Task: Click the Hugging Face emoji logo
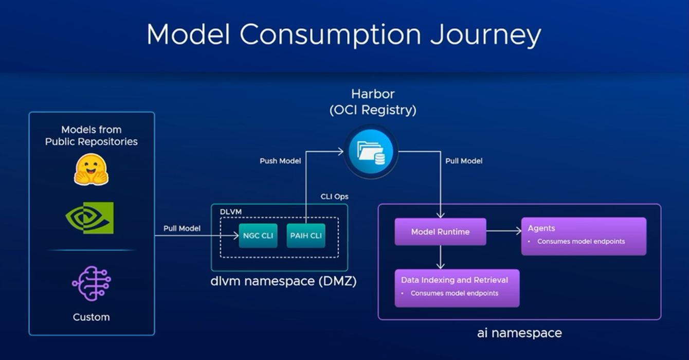click(91, 170)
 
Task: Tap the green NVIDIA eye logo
click(90, 218)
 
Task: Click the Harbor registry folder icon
click(371, 152)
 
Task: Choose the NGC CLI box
click(258, 236)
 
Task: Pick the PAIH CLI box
click(306, 236)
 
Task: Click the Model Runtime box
click(440, 232)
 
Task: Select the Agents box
click(584, 236)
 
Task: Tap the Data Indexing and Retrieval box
click(457, 288)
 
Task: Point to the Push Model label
click(280, 161)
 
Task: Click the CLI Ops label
click(334, 196)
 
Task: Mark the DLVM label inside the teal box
click(231, 212)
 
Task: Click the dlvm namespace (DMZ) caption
click(283, 281)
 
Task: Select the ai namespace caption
click(519, 333)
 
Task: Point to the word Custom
click(91, 317)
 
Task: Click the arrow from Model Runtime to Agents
click(503, 231)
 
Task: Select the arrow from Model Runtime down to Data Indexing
click(440, 257)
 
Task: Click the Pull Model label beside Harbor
click(464, 161)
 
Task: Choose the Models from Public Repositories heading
click(92, 136)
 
